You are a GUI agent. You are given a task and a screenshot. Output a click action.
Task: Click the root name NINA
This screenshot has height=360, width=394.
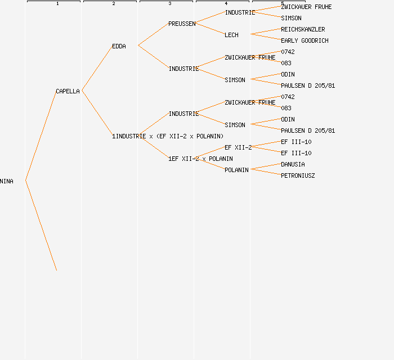7,181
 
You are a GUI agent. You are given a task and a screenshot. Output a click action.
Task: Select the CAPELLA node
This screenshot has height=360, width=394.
68,91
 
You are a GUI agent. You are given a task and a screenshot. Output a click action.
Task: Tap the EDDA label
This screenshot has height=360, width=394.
119,46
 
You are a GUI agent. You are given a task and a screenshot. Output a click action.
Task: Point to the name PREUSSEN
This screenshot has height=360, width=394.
182,24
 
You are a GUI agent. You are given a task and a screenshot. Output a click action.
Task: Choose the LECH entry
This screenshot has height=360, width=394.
231,35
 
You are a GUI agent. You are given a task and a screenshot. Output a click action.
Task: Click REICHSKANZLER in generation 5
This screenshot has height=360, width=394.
303,29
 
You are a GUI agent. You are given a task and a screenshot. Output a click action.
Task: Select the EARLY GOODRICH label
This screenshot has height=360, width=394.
305,40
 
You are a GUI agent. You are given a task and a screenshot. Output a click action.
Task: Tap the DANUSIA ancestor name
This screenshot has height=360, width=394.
293,164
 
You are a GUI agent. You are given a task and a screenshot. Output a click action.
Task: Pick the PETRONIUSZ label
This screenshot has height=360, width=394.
298,175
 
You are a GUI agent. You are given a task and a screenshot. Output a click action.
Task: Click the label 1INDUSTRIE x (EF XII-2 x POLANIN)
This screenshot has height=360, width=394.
168,136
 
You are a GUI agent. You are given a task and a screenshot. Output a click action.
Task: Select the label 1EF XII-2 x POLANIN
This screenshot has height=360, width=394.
200,159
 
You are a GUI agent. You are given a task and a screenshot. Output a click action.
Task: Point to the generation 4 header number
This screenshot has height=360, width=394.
226,3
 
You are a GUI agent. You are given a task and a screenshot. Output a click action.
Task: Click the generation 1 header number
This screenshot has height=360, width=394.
57,3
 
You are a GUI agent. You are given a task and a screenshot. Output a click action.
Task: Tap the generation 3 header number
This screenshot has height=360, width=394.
170,3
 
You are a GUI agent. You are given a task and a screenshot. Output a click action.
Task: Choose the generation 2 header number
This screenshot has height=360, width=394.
114,3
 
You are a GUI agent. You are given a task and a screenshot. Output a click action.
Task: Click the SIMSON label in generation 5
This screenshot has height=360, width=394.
291,18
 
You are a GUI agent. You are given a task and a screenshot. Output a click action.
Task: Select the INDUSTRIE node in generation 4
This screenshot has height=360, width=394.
240,12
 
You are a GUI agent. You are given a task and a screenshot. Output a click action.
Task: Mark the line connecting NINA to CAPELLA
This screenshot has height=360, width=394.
41,136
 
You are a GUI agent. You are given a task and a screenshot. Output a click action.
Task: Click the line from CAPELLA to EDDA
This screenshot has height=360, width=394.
97,68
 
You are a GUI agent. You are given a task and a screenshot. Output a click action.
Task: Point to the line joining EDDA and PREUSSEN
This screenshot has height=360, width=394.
153,34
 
